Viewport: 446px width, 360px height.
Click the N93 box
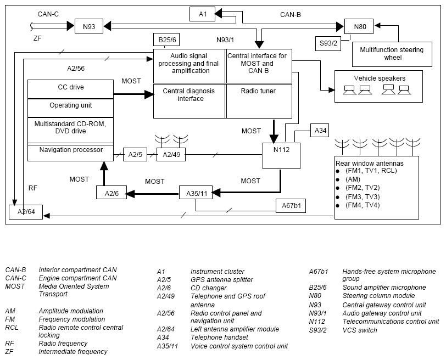coord(89,26)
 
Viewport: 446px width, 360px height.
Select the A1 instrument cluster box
coord(202,14)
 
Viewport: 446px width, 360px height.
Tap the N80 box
coord(359,26)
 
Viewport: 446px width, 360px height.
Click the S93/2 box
coord(328,43)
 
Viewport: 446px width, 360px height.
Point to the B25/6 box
coord(166,40)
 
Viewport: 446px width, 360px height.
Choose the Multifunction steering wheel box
coord(392,54)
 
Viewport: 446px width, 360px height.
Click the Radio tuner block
coord(259,101)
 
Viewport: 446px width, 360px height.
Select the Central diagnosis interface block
coord(189,101)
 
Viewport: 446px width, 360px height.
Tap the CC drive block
coord(70,89)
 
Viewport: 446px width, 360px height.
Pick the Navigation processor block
coord(70,153)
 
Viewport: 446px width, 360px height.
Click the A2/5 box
coord(135,155)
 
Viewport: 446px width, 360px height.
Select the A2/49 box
coord(171,155)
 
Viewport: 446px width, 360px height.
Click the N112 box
coord(281,156)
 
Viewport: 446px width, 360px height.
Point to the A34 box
coord(320,131)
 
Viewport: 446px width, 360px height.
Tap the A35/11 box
coord(196,193)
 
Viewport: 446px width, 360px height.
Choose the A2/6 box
coord(112,193)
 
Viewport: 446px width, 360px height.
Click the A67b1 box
coord(291,206)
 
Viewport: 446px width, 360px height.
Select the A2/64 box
coord(26,212)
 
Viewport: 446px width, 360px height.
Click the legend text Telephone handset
coord(219,337)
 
